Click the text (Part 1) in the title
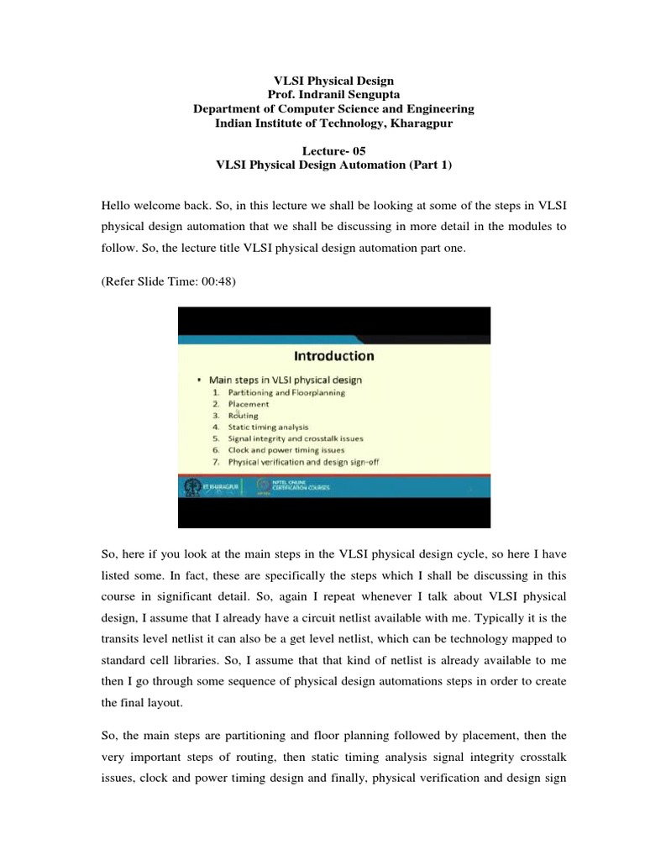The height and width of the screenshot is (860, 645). coord(430,165)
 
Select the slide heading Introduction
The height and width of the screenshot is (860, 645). coord(333,356)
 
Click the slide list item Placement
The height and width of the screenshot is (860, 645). coord(249,404)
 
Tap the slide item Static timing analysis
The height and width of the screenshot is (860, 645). coord(268,427)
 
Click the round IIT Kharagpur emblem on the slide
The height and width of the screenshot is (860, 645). coord(192,486)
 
